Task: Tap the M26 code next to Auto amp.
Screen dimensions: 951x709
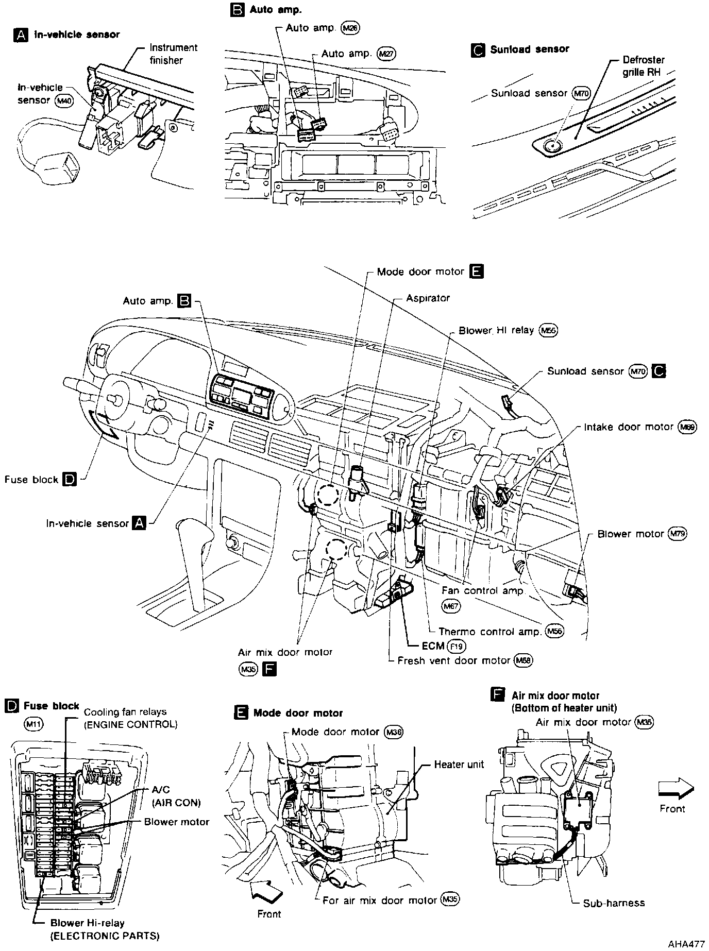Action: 350,28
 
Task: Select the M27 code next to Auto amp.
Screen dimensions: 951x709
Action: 386,54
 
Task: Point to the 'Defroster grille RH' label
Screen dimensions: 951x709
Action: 643,66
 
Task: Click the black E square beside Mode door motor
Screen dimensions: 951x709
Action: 477,271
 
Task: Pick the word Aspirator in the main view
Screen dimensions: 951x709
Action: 428,298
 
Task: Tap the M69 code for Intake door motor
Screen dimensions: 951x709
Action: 687,427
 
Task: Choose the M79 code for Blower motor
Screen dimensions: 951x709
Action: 677,534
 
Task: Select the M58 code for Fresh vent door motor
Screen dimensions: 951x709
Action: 523,660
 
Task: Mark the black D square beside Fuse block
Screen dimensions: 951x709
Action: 69,480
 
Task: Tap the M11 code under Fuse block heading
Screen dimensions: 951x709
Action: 34,724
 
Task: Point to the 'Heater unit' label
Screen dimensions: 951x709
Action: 459,765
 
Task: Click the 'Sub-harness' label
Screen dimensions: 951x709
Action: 614,903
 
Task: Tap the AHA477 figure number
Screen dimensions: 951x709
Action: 686,944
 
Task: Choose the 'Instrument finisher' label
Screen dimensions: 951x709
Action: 173,54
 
